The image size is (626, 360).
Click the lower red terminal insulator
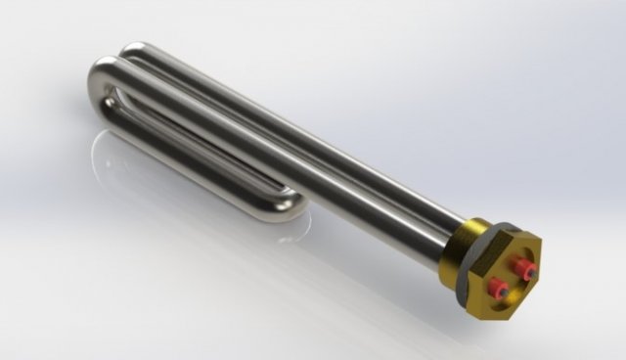(x=500, y=287)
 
